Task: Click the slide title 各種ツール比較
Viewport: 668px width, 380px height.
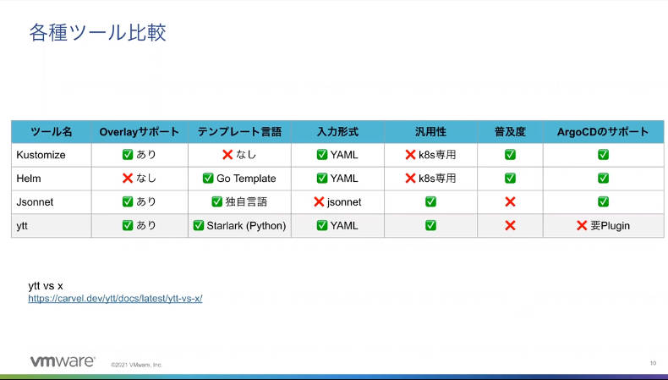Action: point(97,33)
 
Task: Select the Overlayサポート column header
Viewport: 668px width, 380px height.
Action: point(140,132)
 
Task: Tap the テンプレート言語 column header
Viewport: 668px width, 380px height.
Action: point(239,132)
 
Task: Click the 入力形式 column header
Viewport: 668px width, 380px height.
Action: point(338,132)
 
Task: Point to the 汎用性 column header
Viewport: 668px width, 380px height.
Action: point(430,132)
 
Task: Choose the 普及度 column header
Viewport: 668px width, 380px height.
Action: point(510,132)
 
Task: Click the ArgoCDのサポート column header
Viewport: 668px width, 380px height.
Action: point(603,132)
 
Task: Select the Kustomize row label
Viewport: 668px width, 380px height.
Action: point(41,155)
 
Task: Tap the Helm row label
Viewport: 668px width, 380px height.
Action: point(29,179)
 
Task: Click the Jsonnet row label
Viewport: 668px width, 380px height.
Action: point(35,201)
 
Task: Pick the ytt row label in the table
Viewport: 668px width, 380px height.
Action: point(22,226)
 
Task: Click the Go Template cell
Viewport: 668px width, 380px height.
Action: point(239,179)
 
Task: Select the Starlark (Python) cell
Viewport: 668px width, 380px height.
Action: point(239,225)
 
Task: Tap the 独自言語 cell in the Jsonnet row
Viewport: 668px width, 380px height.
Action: point(239,201)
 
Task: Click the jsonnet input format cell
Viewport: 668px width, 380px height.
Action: point(338,201)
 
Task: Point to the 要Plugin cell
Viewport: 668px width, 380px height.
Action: point(603,225)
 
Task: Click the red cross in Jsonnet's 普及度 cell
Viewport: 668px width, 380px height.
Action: point(510,201)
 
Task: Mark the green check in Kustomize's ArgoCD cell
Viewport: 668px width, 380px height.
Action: point(603,154)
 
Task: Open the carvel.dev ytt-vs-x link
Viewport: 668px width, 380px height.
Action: point(115,299)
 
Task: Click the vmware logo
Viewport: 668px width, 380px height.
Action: point(63,361)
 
